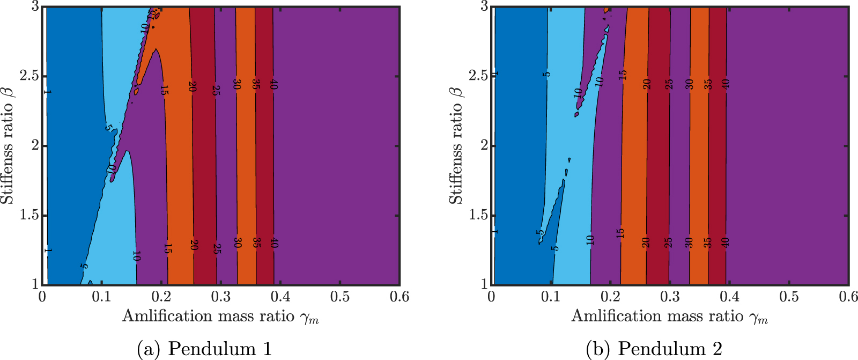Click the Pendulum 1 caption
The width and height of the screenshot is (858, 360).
coord(204,349)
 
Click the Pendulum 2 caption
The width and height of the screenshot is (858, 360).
coord(654,349)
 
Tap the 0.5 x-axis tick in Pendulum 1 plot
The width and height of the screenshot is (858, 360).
coord(339,297)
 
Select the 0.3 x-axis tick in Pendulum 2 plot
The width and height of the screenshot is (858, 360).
coord(670,297)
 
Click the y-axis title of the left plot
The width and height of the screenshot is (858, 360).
coord(8,145)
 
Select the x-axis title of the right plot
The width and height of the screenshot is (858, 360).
coord(669,316)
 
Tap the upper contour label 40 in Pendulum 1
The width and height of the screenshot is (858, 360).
coord(274,84)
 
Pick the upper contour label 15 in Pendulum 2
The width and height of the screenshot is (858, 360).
coord(623,75)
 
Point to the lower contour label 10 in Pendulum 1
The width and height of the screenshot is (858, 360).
coord(136,255)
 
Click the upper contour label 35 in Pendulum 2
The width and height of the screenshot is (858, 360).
coord(708,84)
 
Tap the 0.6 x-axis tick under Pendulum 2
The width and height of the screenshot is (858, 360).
coord(848,297)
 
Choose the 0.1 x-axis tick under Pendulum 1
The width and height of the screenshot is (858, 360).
coord(101,297)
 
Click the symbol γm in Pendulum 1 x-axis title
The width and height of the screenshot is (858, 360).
coord(310,318)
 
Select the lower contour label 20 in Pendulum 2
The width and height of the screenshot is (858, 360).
coord(646,242)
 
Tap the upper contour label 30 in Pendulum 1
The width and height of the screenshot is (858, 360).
coord(236,84)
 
